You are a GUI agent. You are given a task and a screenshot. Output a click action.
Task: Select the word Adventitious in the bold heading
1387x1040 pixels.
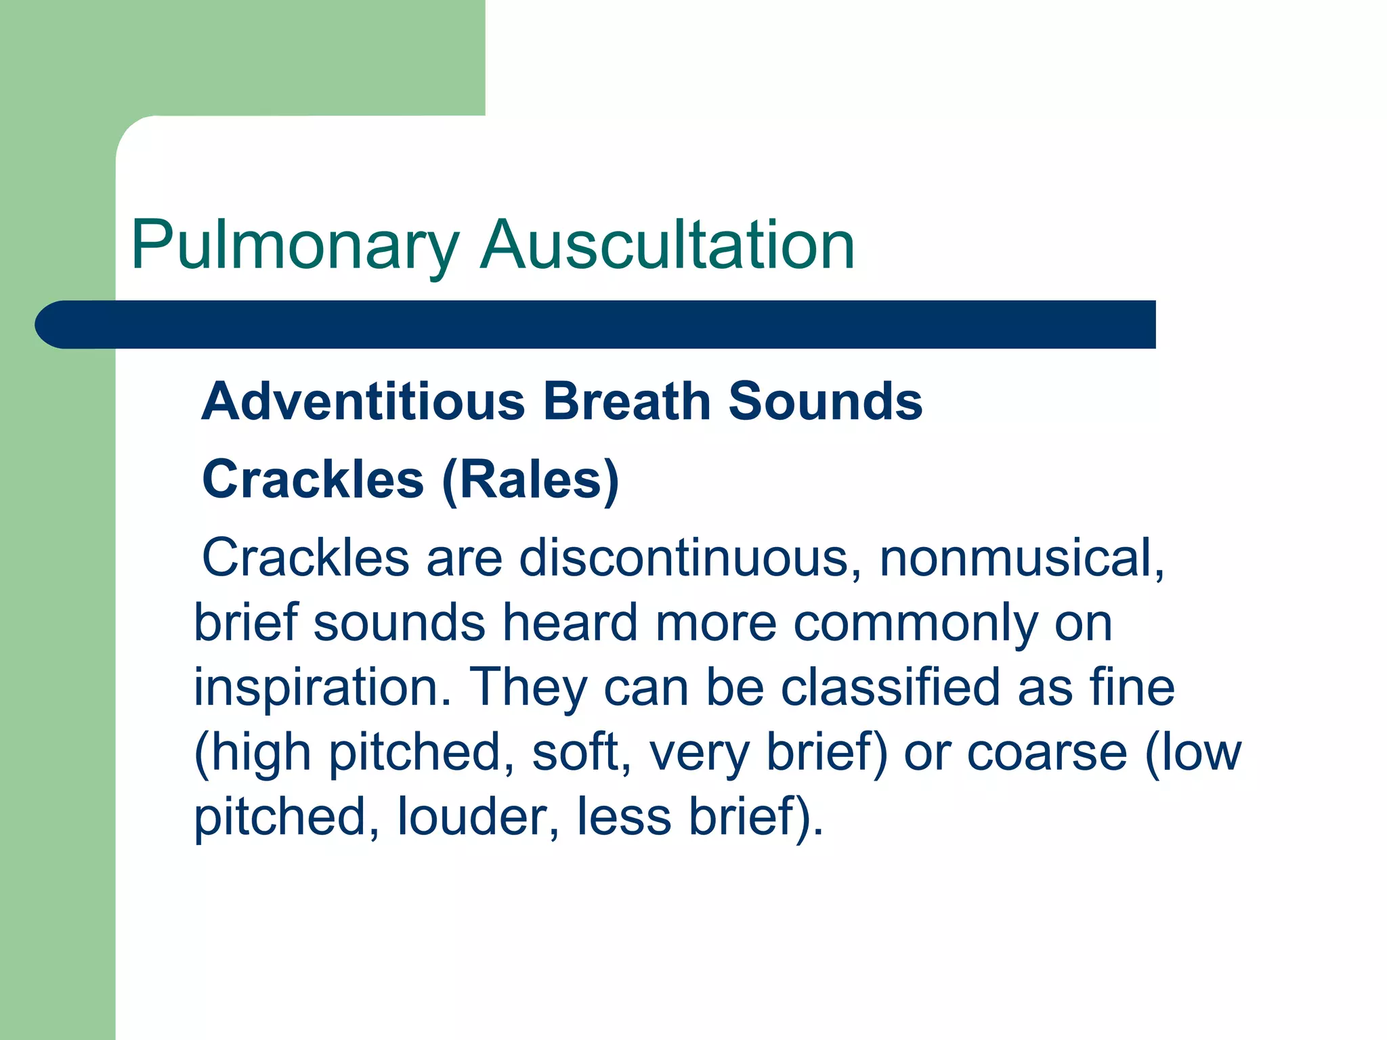tap(363, 401)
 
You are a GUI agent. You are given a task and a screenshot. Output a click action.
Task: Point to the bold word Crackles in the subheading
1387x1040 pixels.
tap(313, 479)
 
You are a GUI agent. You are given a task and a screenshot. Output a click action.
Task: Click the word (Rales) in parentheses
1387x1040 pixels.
tap(530, 479)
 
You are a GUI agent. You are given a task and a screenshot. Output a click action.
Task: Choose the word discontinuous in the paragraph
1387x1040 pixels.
tap(683, 558)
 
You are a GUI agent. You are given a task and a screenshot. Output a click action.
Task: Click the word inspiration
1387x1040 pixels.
tap(322, 687)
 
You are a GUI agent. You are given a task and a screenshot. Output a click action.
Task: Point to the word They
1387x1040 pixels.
tap(528, 687)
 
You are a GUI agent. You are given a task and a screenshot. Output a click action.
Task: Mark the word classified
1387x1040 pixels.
tap(890, 687)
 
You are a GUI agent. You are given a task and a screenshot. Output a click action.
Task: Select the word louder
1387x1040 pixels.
tap(478, 817)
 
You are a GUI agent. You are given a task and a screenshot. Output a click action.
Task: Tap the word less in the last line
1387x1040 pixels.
tap(624, 817)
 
